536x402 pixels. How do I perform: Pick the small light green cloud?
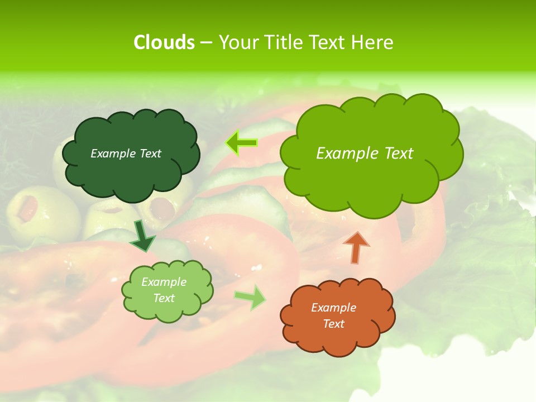click(x=167, y=290)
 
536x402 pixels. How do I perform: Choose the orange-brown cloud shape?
click(x=337, y=315)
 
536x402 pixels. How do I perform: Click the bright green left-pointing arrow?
click(x=241, y=143)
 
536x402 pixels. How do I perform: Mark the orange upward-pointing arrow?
click(x=356, y=247)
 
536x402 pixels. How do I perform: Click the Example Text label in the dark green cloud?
click(x=126, y=154)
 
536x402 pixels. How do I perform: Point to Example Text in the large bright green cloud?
click(x=365, y=154)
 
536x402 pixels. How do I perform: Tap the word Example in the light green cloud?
click(x=164, y=282)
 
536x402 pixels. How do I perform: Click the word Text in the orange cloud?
click(x=333, y=324)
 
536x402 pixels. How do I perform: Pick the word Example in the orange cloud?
click(x=333, y=308)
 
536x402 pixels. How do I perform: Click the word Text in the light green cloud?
click(x=164, y=298)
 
